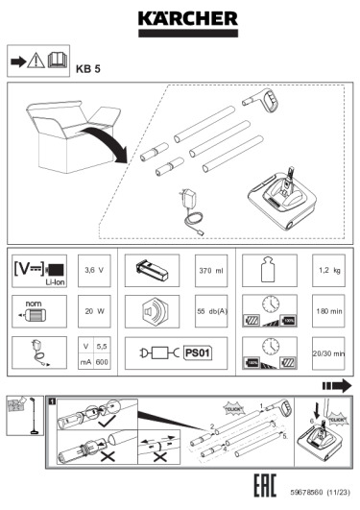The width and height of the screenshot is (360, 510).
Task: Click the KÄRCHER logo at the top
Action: click(x=180, y=20)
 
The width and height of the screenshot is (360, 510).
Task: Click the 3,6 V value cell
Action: click(x=93, y=271)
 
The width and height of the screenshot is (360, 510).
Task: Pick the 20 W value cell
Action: click(x=93, y=311)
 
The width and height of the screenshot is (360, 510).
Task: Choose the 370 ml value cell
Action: click(x=212, y=271)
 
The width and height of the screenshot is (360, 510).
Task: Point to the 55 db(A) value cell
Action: click(x=212, y=311)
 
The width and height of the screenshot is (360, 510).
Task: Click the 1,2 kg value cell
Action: click(x=330, y=271)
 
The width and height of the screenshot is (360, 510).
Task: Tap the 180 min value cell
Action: click(x=330, y=311)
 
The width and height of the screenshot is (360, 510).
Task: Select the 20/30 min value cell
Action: click(x=330, y=353)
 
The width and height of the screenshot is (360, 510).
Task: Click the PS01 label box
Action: click(x=200, y=352)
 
